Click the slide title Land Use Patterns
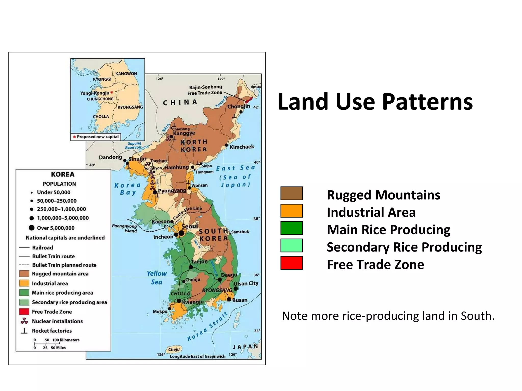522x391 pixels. tap(375, 102)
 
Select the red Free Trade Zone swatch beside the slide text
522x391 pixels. tap(292, 263)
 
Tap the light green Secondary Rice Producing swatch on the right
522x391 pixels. tap(292, 245)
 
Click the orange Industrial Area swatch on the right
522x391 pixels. tap(292, 211)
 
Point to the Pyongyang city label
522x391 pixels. tap(172, 191)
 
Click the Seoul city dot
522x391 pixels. tap(181, 233)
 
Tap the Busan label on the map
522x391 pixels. tap(240, 300)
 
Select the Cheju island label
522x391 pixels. tap(174, 350)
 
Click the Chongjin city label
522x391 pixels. tap(239, 106)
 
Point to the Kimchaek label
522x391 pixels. tap(242, 147)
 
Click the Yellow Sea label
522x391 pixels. tap(156, 277)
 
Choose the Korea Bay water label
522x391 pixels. tap(127, 189)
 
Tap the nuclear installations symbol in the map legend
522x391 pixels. tap(24, 321)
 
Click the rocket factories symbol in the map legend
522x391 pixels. tap(24, 331)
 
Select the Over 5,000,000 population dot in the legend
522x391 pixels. tap(32, 228)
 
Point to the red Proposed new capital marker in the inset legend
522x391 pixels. tap(74, 137)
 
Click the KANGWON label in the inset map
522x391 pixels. tap(126, 74)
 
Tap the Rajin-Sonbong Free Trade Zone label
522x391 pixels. tap(205, 90)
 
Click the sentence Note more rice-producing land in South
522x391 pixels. tap(388, 316)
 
